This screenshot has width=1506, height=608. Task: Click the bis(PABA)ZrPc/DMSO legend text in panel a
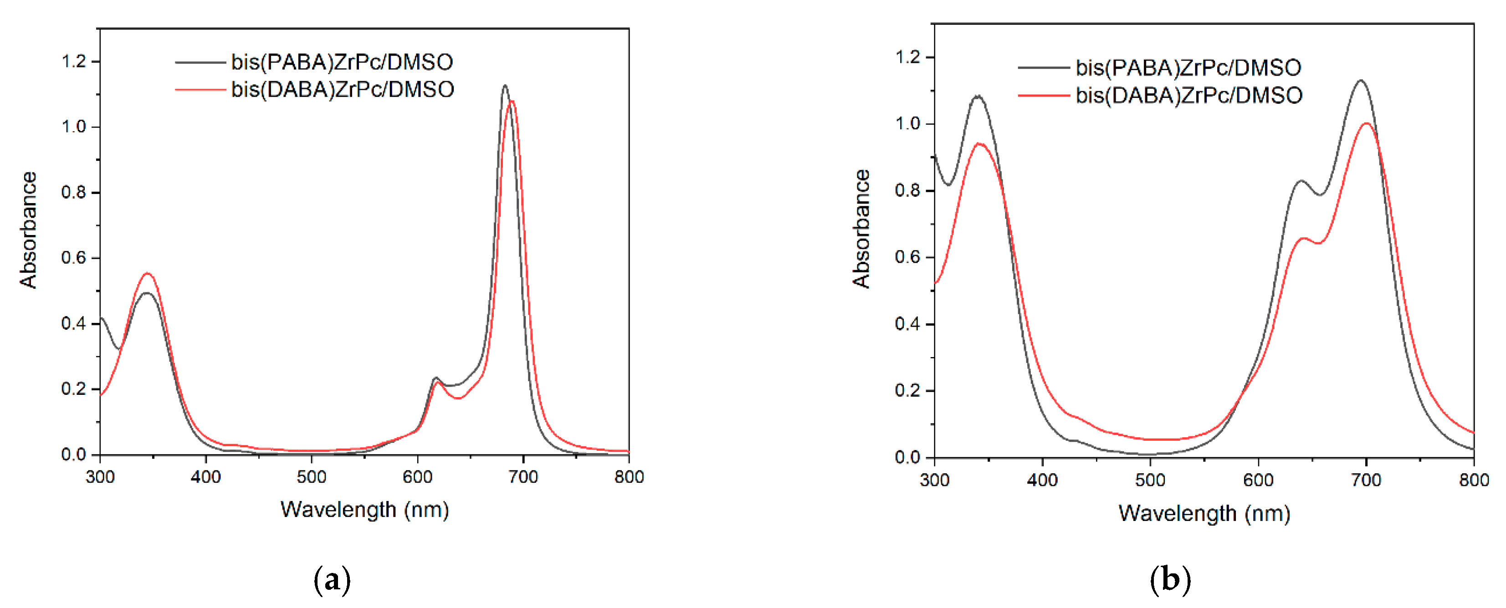point(342,62)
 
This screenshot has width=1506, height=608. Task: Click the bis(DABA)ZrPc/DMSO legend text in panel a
point(343,89)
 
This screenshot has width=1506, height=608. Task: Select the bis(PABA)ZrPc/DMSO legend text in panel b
point(1188,68)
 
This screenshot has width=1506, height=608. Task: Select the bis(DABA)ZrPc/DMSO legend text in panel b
point(1189,95)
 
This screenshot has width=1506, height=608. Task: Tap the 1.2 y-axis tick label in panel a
point(74,61)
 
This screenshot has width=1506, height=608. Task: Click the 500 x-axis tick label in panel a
point(312,477)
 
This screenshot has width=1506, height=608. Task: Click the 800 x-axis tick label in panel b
point(1474,480)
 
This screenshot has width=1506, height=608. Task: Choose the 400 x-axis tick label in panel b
point(1042,480)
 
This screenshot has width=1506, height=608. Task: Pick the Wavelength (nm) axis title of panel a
point(365,510)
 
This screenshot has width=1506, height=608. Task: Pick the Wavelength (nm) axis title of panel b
point(1204,513)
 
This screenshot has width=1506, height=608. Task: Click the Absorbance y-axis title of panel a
point(28,230)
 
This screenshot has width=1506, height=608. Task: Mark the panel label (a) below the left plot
point(332,580)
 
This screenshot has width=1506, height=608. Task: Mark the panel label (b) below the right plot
point(1170,580)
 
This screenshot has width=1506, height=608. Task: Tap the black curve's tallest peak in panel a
point(505,86)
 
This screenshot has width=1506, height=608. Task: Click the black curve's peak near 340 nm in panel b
point(978,96)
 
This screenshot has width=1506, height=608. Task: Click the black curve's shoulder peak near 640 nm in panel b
point(1301,181)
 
